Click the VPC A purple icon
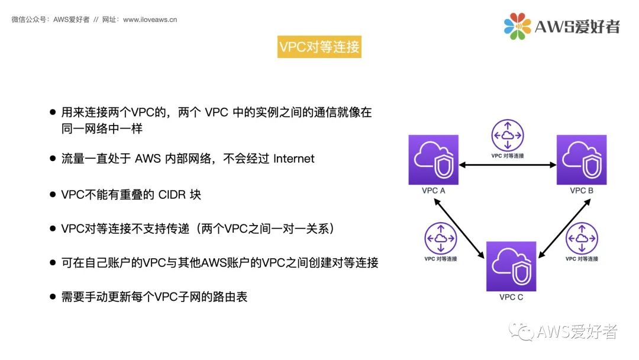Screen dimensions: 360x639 pyautogui.click(x=433, y=160)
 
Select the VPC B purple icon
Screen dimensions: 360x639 pyautogui.click(x=582, y=160)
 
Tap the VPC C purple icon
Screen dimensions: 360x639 pyautogui.click(x=511, y=266)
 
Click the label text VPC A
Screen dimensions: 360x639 pyautogui.click(x=434, y=191)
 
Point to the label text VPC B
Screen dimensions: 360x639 pyautogui.click(x=582, y=191)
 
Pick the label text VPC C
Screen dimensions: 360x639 pyautogui.click(x=511, y=297)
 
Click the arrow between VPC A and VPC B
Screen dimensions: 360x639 pyautogui.click(x=508, y=167)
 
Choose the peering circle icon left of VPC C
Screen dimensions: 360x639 pyautogui.click(x=441, y=239)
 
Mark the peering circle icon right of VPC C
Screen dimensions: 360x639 pyautogui.click(x=582, y=239)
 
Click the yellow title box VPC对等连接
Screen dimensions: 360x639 pyautogui.click(x=319, y=47)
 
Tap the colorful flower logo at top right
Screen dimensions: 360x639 pyautogui.click(x=517, y=26)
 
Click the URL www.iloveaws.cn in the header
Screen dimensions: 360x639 pyautogui.click(x=150, y=20)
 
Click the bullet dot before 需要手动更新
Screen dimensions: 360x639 pyautogui.click(x=53, y=297)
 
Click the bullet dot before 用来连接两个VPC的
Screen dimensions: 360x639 pyautogui.click(x=53, y=112)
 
